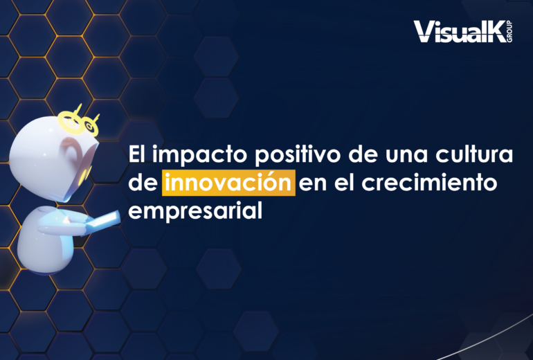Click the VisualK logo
point(462,32)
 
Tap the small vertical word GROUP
point(509,32)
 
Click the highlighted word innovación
point(228,183)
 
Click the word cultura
point(474,154)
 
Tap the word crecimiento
point(429,183)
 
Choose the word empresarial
point(195,211)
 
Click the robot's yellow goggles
point(79,122)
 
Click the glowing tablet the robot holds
point(101,223)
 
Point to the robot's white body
point(46,240)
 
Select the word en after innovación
point(313,184)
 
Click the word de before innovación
point(143,183)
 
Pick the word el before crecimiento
point(344,183)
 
